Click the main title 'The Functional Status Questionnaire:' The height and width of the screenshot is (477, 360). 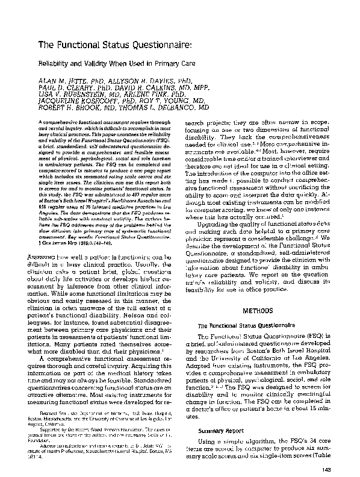click(114, 44)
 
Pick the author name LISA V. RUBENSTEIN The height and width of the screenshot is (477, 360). click(71, 95)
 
